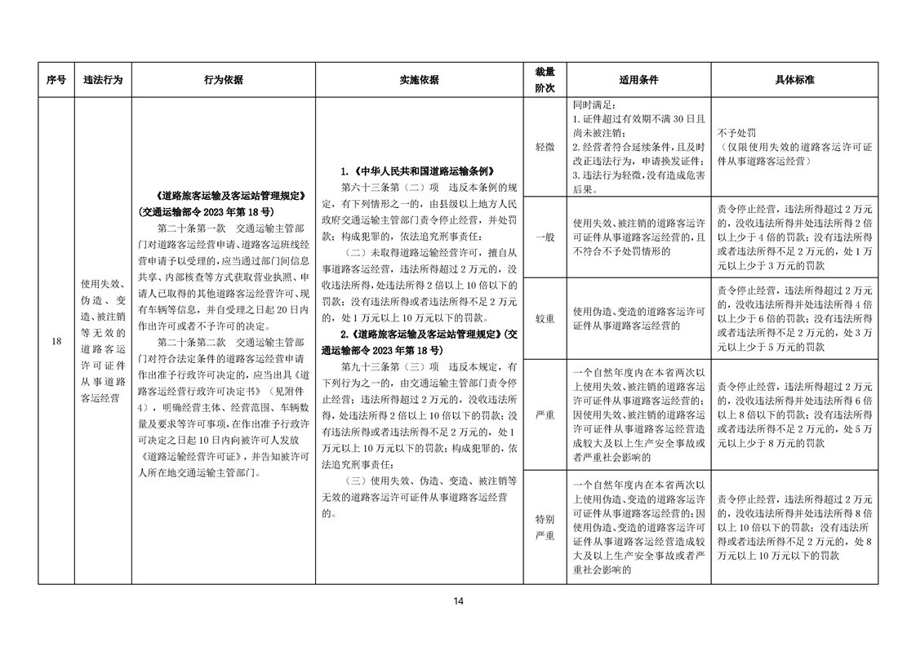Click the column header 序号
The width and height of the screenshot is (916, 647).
coord(56,81)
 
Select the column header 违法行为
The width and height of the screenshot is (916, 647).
coord(102,81)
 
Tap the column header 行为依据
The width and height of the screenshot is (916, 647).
coord(223,81)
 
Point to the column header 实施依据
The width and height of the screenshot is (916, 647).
coord(418,81)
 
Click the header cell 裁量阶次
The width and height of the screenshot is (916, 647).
coord(545,81)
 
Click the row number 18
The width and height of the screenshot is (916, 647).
coord(56,341)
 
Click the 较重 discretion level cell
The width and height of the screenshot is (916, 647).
coord(545,318)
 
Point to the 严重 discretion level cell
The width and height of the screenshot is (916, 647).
coord(545,414)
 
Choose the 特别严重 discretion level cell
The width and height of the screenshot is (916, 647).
coord(545,526)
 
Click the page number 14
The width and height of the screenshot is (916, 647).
coord(458,601)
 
